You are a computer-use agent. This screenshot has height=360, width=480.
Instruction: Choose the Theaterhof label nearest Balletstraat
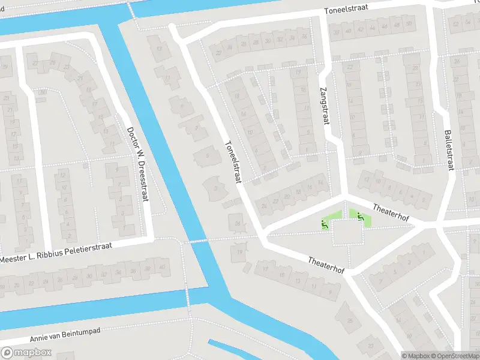pyautogui.click(x=391, y=212)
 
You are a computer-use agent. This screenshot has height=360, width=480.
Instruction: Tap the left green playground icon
pyautogui.click(x=325, y=224)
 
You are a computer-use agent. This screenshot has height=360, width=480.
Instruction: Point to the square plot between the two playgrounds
pyautogui.click(x=346, y=233)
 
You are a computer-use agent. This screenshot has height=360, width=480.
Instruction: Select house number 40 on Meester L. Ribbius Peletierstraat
pyautogui.click(x=161, y=267)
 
